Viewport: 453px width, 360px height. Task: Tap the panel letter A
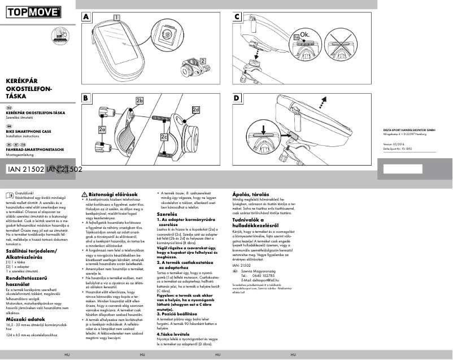pyautogui.click(x=86, y=17)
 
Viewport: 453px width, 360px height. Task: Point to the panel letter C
pyautogui.click(x=238, y=17)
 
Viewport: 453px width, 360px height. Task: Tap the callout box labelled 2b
pyautogui.click(x=140, y=100)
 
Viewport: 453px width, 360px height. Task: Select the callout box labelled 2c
pyautogui.click(x=164, y=137)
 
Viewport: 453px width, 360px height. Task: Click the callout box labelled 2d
pyautogui.click(x=196, y=109)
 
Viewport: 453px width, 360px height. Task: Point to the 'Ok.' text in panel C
pyautogui.click(x=305, y=35)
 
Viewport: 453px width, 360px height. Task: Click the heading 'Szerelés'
pyautogui.click(x=167, y=215)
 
